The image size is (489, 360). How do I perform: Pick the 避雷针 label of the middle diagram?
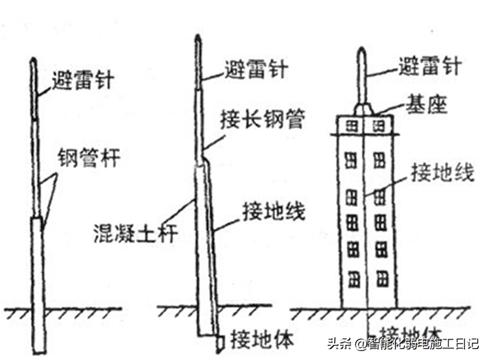pyautogui.click(x=256, y=69)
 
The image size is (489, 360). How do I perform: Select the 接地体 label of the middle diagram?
pyautogui.click(x=262, y=339)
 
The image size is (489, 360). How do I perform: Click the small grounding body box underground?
pyautogui.click(x=221, y=340)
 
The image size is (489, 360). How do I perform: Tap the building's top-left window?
pyautogui.click(x=351, y=126)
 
